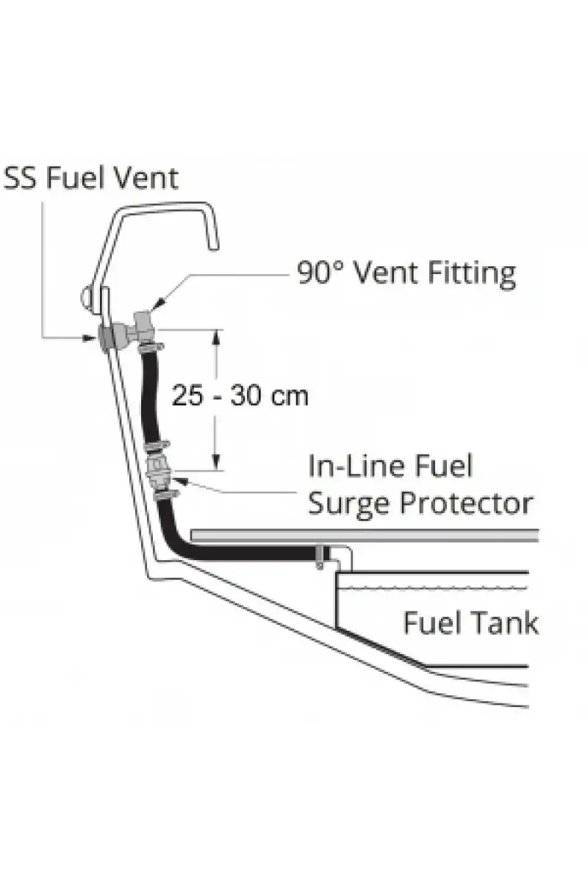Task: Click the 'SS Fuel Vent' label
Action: [91, 178]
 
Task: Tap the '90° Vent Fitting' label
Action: [406, 273]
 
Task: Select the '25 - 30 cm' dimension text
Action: [240, 395]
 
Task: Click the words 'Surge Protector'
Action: [420, 503]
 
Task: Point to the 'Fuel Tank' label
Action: [471, 623]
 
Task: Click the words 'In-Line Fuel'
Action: [390, 466]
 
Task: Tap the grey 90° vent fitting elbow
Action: [143, 325]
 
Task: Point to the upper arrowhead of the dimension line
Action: [216, 337]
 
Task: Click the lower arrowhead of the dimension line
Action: [216, 462]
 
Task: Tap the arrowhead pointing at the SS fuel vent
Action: [90, 337]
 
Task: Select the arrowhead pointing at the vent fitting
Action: [157, 304]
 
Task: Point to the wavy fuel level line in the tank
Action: [432, 589]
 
